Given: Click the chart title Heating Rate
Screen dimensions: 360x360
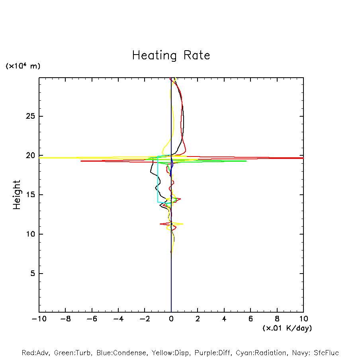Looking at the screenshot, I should tap(171, 55).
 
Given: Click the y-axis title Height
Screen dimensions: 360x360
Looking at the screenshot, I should tap(17, 195).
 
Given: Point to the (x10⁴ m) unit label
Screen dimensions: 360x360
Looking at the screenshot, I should tap(23, 66).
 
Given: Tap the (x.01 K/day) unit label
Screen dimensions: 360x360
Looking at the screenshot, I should tap(287, 328).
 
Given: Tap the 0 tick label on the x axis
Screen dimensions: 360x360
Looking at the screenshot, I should tap(171, 319).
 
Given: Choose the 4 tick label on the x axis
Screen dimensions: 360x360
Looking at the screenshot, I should tap(224, 319).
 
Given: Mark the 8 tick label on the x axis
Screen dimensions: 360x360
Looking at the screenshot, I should tap(277, 319).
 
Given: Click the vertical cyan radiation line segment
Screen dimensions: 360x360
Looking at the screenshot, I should tap(158, 179).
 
